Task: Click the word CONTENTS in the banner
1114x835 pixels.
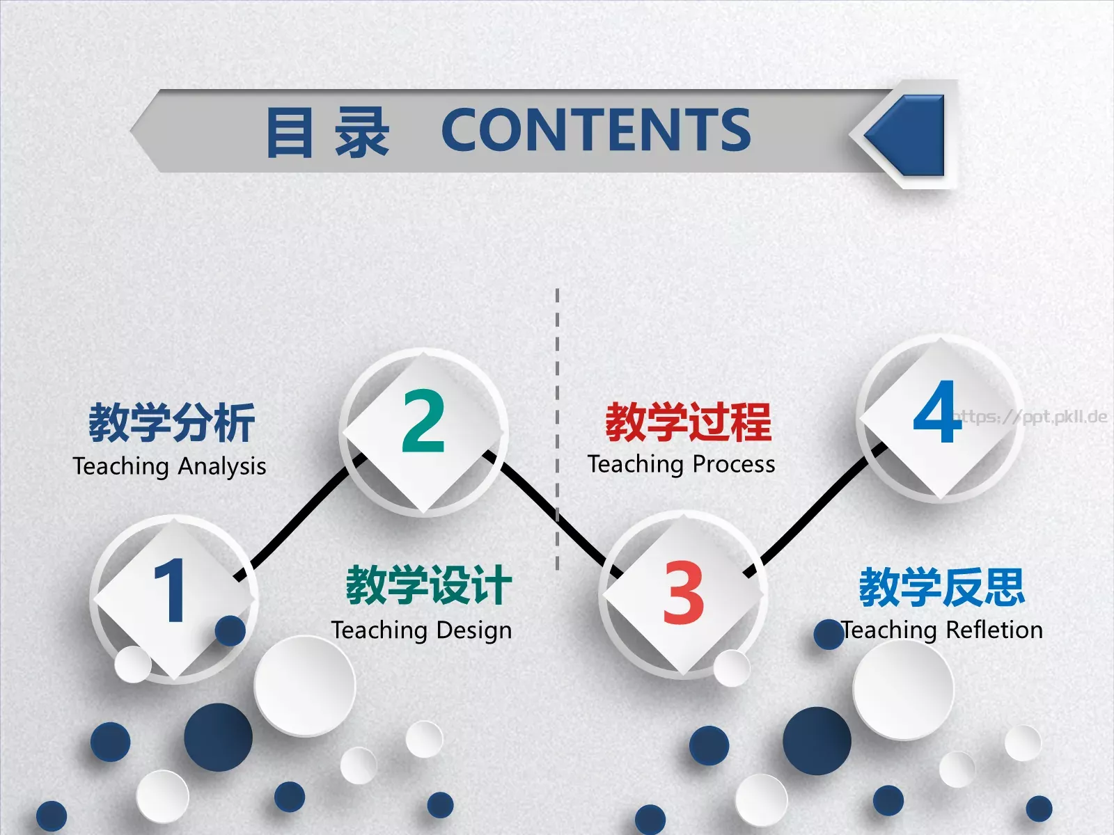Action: click(x=596, y=130)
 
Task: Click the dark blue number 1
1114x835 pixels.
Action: click(x=170, y=591)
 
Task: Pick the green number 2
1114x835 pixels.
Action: click(x=423, y=421)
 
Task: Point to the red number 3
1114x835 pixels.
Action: click(x=682, y=593)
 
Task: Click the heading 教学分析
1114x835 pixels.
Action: click(x=171, y=422)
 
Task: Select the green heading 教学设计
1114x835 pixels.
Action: click(x=429, y=585)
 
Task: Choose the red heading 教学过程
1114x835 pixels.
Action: click(x=688, y=422)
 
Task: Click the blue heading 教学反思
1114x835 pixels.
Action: click(x=941, y=587)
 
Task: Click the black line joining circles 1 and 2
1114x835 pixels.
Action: click(x=299, y=518)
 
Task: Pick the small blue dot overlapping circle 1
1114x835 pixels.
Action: click(x=230, y=630)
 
